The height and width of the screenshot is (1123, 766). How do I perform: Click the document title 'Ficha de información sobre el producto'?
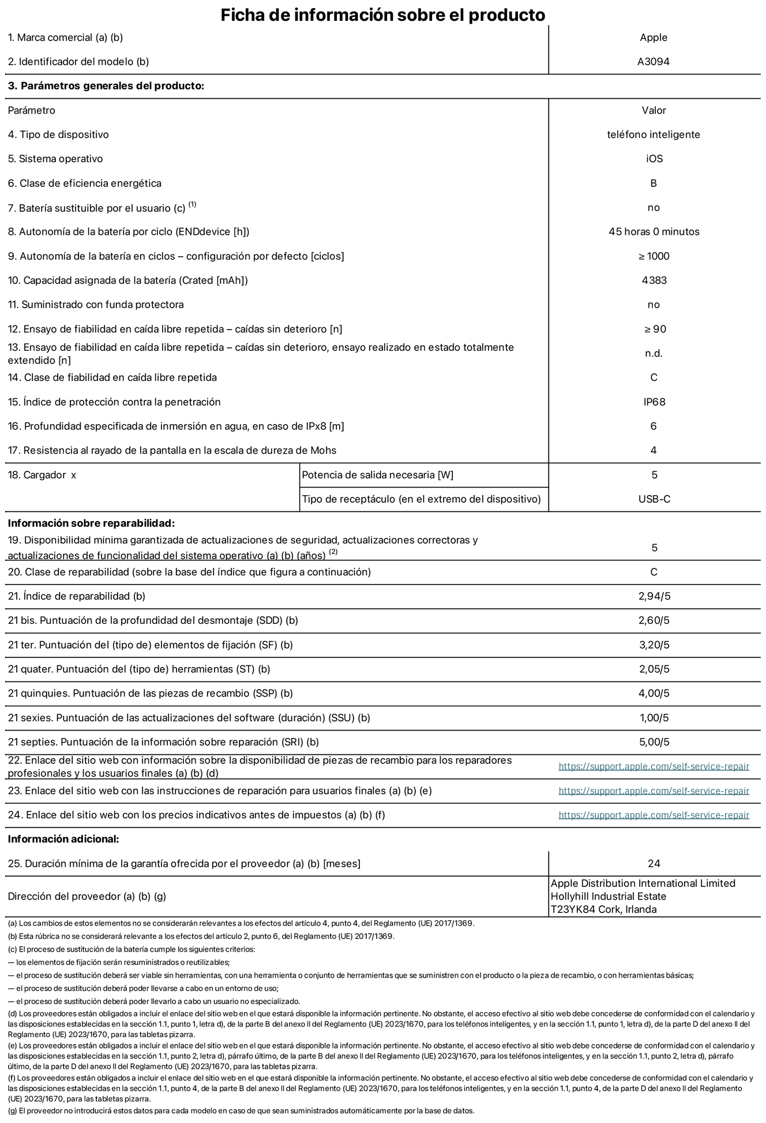pyautogui.click(x=382, y=14)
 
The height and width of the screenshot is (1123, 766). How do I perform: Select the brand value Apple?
pyautogui.click(x=653, y=38)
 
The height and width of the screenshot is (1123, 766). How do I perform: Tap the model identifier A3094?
pyautogui.click(x=653, y=62)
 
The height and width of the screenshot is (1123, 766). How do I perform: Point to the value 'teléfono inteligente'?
pyautogui.click(x=653, y=134)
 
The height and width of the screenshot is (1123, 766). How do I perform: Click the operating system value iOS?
pyautogui.click(x=654, y=159)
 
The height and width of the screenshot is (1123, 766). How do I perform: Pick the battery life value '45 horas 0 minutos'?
pyautogui.click(x=654, y=231)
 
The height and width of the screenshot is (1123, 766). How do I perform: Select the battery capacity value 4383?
pyautogui.click(x=654, y=280)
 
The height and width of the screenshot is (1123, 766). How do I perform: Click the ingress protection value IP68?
pyautogui.click(x=654, y=402)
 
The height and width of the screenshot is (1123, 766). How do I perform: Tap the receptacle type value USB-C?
pyautogui.click(x=654, y=499)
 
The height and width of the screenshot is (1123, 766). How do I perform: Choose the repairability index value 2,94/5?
pyautogui.click(x=654, y=596)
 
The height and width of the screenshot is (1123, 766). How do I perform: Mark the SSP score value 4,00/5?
pyautogui.click(x=654, y=693)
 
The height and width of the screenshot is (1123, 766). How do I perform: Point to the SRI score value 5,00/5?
pyautogui.click(x=654, y=742)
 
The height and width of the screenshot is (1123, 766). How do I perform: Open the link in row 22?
pyautogui.click(x=654, y=766)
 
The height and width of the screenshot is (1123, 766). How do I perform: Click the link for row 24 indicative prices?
pyautogui.click(x=654, y=815)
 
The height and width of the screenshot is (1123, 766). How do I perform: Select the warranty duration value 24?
pyautogui.click(x=654, y=863)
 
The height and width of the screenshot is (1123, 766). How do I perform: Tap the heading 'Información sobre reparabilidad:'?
pyautogui.click(x=91, y=523)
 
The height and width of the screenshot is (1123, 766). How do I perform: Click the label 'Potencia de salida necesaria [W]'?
pyautogui.click(x=377, y=475)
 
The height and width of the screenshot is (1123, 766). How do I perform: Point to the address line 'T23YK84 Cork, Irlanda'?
pyautogui.click(x=603, y=909)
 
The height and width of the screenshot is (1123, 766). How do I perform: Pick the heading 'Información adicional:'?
pyautogui.click(x=63, y=839)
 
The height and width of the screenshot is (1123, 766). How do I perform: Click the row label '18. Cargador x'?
pyautogui.click(x=42, y=475)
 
